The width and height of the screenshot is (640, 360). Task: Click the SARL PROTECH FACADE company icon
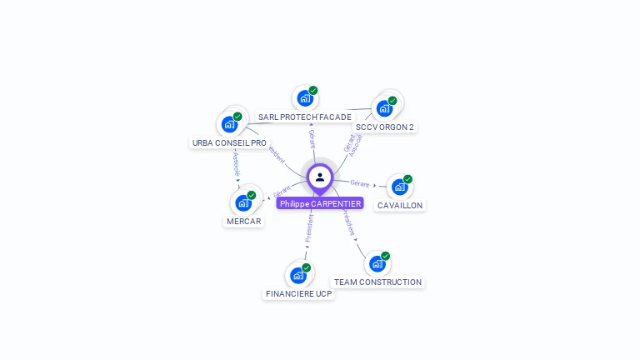[305, 98]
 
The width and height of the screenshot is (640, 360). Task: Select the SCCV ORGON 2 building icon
[384, 107]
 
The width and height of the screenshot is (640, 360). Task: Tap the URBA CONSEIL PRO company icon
[229, 124]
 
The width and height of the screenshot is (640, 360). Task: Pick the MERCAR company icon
[243, 202]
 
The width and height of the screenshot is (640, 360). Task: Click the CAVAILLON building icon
[399, 187]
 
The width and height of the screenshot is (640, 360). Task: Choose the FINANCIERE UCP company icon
[298, 275]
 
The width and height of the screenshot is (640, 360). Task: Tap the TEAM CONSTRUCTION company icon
[377, 263]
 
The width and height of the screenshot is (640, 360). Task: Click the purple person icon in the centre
[320, 177]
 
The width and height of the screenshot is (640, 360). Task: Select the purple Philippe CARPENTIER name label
[320, 203]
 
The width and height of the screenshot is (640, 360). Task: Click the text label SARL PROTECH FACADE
[305, 117]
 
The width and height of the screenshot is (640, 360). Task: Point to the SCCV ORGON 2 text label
[384, 127]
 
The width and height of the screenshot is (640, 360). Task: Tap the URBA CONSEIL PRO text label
[229, 143]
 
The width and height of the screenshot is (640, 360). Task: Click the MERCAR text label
[243, 222]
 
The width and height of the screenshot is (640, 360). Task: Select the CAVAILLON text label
[399, 206]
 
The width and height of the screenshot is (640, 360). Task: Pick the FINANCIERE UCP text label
[298, 294]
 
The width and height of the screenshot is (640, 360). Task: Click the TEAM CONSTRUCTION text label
[377, 282]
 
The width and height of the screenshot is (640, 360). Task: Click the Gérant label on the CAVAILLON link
[359, 183]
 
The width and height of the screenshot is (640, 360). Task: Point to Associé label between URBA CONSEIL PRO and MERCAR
[236, 162]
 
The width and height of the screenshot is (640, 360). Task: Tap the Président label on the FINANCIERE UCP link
[308, 227]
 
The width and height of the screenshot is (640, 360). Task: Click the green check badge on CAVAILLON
[407, 179]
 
